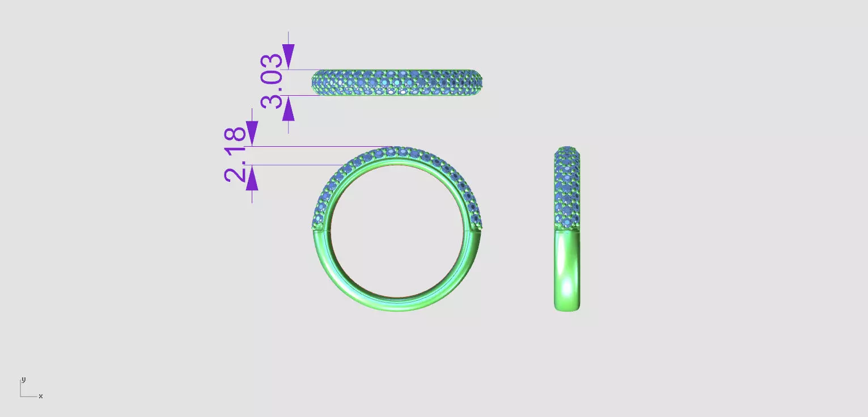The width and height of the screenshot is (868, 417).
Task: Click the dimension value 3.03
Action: click(272, 80)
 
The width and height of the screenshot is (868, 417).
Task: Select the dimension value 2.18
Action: click(236, 155)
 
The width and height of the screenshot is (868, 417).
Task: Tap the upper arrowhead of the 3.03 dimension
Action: click(289, 57)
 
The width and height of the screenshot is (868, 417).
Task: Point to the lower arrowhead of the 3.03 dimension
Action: click(289, 109)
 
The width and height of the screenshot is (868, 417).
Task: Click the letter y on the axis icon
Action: click(23, 380)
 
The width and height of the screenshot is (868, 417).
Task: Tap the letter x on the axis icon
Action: click(41, 396)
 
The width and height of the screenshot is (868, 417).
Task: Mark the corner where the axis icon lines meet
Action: click(21, 396)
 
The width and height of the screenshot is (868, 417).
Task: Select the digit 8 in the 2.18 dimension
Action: click(236, 135)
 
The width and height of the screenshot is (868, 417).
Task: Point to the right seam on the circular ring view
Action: click(476, 229)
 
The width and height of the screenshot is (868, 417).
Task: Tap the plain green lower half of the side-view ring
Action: click(567, 272)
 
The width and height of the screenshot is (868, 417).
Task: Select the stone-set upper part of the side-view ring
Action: click(567, 187)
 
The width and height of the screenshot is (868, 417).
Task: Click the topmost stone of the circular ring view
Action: click(397, 151)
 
